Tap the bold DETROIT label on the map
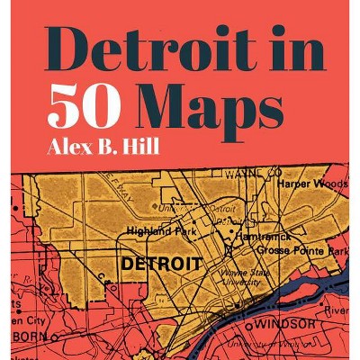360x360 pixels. click(x=161, y=265)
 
